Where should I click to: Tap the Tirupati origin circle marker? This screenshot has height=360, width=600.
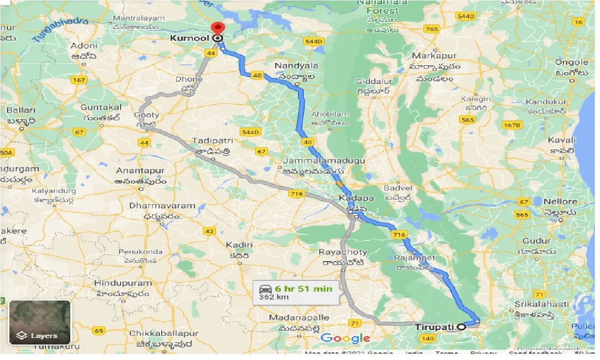click(x=461, y=327)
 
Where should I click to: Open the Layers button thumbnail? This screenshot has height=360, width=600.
click(x=40, y=322)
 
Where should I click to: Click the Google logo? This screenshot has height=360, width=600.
click(x=345, y=338)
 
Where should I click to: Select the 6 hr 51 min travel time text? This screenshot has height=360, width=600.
click(x=304, y=288)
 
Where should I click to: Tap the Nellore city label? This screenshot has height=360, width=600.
click(x=561, y=202)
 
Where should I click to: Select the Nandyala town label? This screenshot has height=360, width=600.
click(x=296, y=66)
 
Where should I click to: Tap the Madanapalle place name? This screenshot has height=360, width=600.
click(x=294, y=318)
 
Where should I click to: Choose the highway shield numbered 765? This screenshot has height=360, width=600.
click(x=432, y=29)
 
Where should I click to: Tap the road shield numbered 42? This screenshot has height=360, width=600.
click(x=209, y=231)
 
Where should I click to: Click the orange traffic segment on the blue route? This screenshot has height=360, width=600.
click(x=338, y=183)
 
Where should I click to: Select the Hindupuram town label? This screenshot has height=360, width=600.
click(x=123, y=283)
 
